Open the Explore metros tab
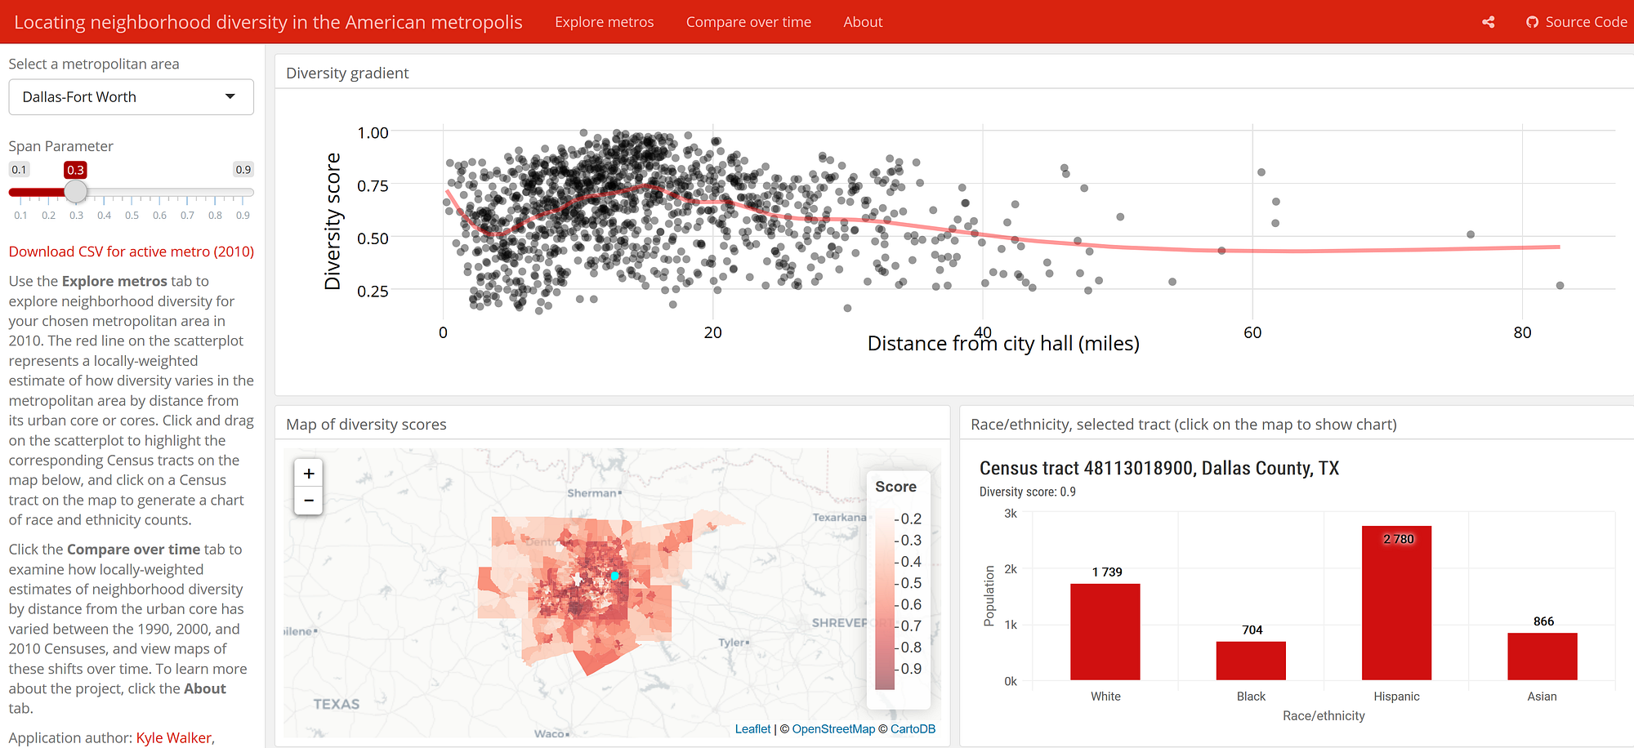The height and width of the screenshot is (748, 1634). click(604, 22)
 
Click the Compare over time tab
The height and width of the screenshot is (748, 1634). click(748, 22)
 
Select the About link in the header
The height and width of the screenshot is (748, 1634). click(863, 22)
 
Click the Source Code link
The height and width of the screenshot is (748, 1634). click(1577, 22)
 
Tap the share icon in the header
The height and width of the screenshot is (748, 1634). click(1489, 22)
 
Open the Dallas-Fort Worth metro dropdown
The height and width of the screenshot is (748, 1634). click(131, 97)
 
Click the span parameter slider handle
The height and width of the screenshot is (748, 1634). click(76, 192)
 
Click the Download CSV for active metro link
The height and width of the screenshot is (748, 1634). click(132, 252)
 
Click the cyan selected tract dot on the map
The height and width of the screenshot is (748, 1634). click(615, 576)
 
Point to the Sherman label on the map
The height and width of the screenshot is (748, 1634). click(592, 493)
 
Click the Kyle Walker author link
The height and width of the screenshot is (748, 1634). click(173, 737)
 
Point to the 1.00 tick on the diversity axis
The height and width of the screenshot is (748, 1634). click(373, 132)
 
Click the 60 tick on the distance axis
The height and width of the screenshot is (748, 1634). click(1252, 332)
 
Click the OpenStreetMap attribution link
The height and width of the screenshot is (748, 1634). click(833, 728)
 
